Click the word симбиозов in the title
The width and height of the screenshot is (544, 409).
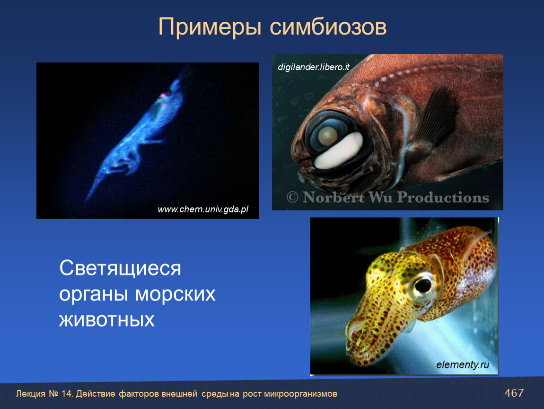[x=328, y=27]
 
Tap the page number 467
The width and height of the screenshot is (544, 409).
[x=514, y=393]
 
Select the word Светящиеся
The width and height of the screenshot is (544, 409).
[x=120, y=268]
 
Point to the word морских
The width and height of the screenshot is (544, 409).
[x=175, y=294]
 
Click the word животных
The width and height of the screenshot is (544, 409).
[x=107, y=320]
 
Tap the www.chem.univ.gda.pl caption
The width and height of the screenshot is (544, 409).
[x=203, y=209]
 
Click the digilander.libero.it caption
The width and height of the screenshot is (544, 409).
[x=314, y=67]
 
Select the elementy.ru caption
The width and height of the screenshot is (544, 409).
[x=463, y=365]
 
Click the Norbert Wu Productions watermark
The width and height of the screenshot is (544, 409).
[x=388, y=197]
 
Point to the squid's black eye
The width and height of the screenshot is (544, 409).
[x=423, y=285]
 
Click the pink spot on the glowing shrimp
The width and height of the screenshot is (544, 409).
[x=162, y=95]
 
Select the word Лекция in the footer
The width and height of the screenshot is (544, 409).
[x=31, y=394]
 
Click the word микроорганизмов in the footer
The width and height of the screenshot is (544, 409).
[x=300, y=394]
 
